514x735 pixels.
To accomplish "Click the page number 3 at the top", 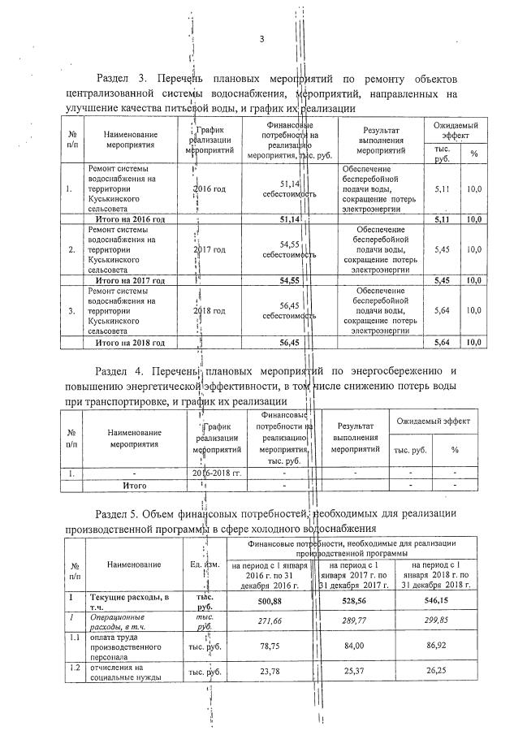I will (261, 40).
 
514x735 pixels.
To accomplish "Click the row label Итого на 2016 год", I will (131, 219).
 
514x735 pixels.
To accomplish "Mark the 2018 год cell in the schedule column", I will (209, 310).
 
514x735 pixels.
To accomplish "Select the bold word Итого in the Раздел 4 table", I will (134, 485).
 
